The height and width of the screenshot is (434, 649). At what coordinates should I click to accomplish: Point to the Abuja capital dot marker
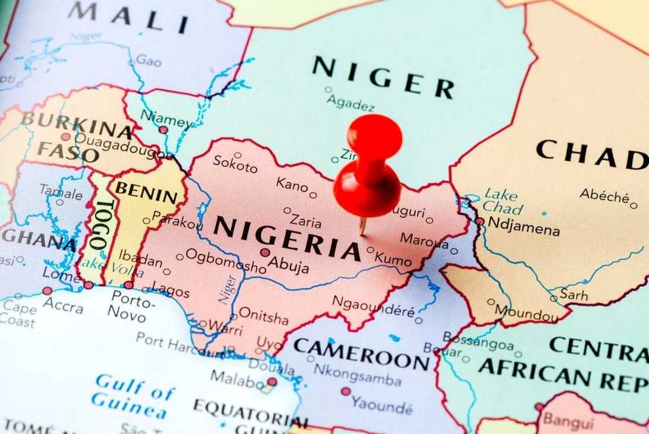point(265,252)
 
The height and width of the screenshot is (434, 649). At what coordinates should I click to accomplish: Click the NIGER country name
point(383,76)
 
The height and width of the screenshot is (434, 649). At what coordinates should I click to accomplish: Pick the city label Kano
point(292,185)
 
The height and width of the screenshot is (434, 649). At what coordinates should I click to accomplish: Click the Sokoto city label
point(235,164)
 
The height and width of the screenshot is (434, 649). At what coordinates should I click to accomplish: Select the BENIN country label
point(146,193)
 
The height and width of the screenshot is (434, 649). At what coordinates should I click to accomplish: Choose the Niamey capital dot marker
point(163,130)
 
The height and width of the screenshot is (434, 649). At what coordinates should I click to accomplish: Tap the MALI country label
point(128,17)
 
